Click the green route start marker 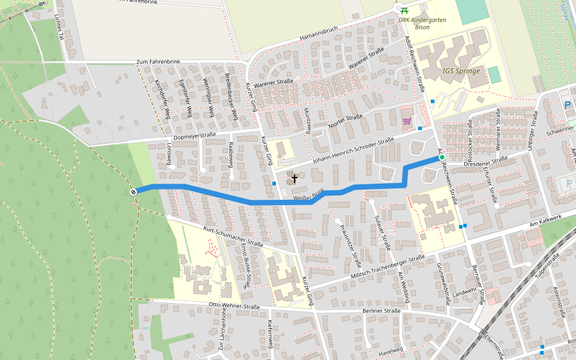pos(442,157)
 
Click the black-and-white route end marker pos(133,191)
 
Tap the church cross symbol pos(295,179)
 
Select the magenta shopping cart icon pos(407,121)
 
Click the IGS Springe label pos(461,71)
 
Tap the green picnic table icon pos(405,10)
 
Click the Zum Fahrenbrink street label pos(159,62)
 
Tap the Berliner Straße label pos(382,311)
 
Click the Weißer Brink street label pos(309,194)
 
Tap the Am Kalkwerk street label pos(544,223)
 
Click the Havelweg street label pos(391,350)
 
